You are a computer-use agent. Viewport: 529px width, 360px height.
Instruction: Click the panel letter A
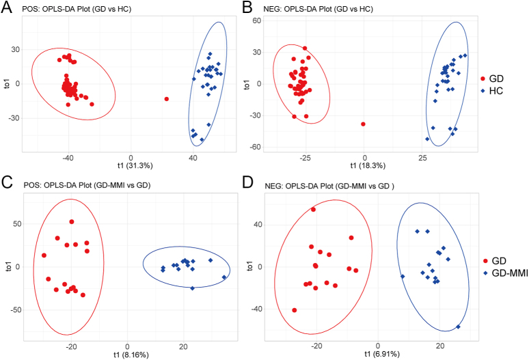[x=7, y=8]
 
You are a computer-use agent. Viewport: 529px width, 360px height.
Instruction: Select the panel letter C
[x=7, y=183]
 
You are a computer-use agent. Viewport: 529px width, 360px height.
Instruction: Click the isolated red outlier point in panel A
[x=167, y=99]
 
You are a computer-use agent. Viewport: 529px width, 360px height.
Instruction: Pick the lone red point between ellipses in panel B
[x=363, y=124]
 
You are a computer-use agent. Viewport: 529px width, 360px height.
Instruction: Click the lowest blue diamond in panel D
[x=457, y=327]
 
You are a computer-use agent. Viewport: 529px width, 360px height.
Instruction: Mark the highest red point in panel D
[x=313, y=210]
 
